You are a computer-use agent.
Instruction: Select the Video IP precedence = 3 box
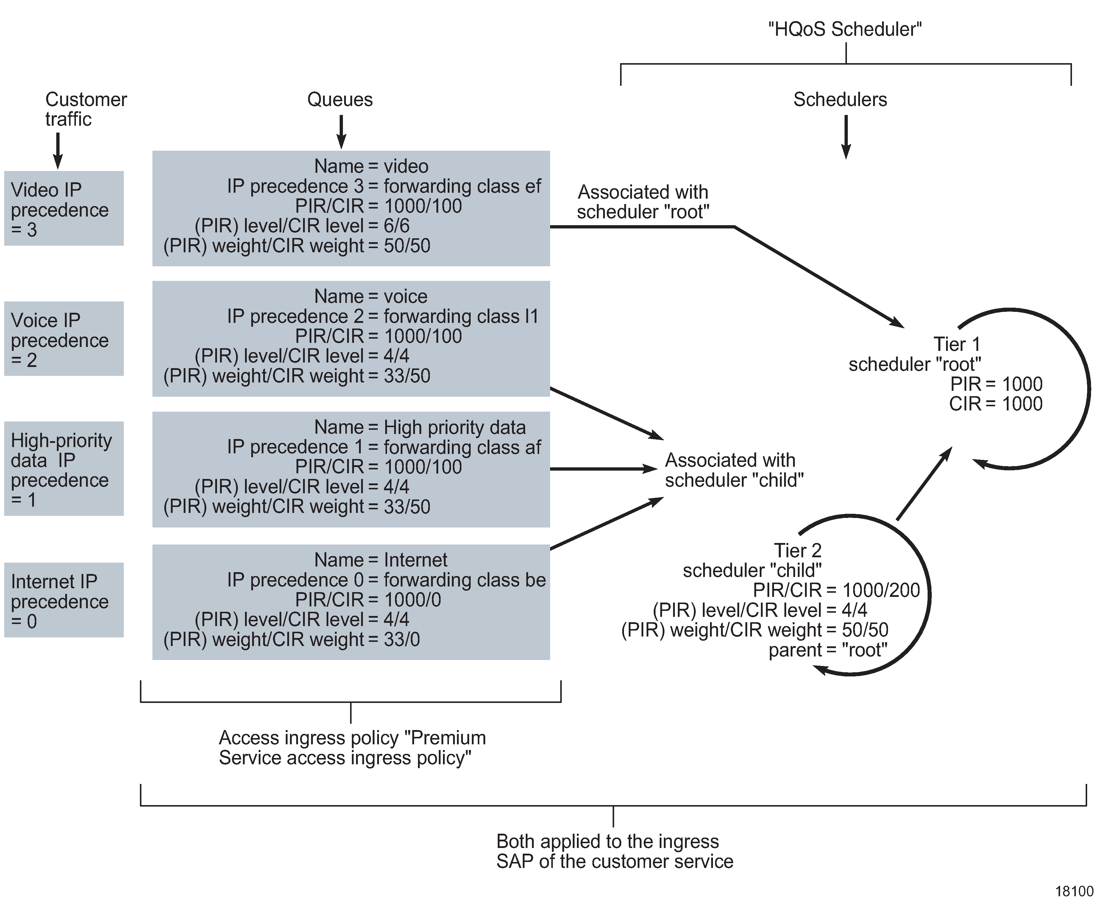pos(63,208)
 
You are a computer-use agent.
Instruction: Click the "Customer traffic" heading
pos(86,109)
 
